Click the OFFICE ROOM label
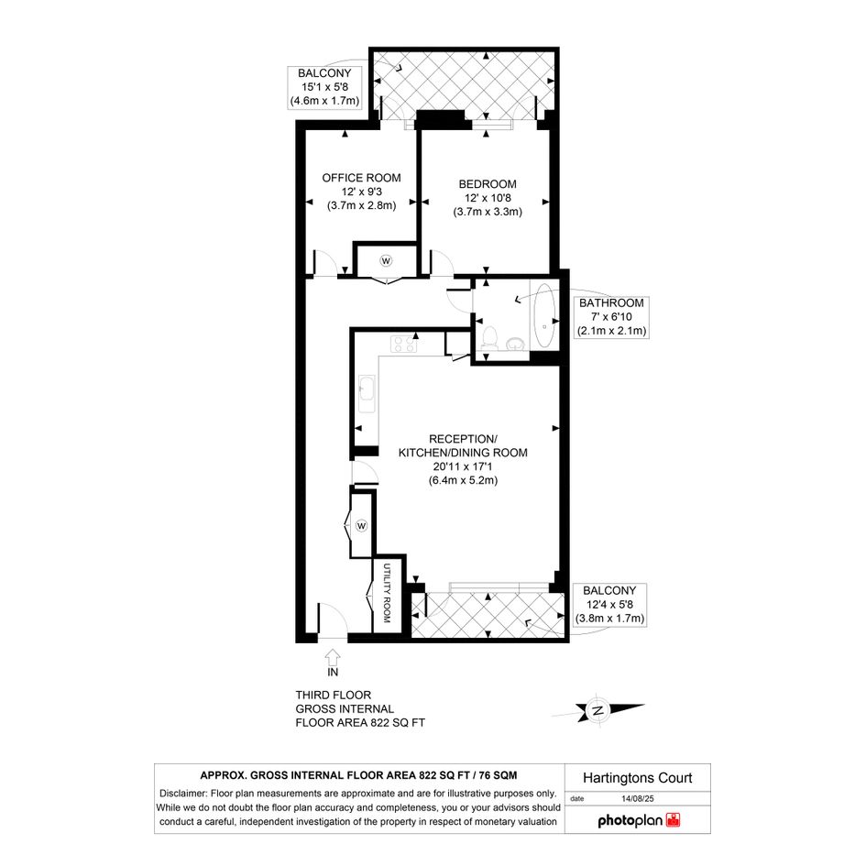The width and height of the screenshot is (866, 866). (361, 178)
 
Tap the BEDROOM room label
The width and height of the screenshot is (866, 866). (488, 184)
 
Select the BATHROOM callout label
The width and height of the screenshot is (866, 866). (611, 302)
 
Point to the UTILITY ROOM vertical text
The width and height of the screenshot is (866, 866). (387, 593)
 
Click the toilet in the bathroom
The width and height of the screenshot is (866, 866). (488, 338)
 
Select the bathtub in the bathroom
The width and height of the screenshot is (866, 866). (544, 315)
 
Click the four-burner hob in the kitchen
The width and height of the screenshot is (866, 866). (404, 344)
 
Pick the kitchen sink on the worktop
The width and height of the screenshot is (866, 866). (367, 394)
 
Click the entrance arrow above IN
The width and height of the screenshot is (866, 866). (333, 657)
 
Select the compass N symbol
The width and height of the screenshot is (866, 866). (597, 710)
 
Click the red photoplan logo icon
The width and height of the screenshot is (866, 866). (674, 819)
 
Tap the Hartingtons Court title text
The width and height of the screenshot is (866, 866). (637, 778)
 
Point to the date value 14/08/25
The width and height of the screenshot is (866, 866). (637, 798)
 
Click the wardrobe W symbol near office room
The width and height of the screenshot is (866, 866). (386, 260)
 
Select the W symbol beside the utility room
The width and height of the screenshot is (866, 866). (361, 526)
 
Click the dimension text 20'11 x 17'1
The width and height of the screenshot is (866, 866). (463, 466)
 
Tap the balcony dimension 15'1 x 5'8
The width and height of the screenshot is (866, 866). (324, 87)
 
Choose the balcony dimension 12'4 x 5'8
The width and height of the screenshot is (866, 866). (609, 605)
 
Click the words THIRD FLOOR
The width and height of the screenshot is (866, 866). (333, 696)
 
